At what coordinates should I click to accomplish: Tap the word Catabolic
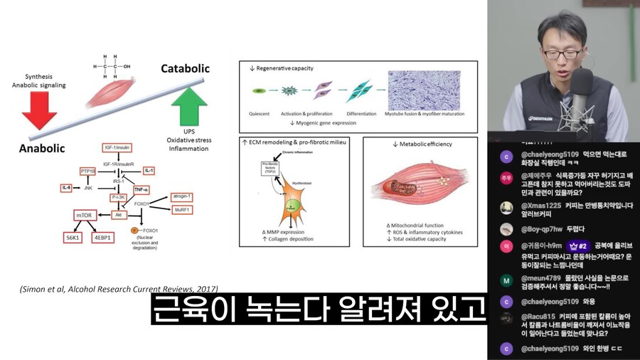pyautogui.click(x=185, y=69)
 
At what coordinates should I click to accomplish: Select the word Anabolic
pyautogui.click(x=42, y=148)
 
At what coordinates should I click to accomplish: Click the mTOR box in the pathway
pyautogui.click(x=84, y=215)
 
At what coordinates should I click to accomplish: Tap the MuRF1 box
pyautogui.click(x=181, y=209)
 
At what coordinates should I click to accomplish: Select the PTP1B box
pyautogui.click(x=88, y=171)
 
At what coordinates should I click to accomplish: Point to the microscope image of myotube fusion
pyautogui.click(x=424, y=90)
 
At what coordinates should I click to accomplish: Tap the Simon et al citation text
pyautogui.click(x=118, y=288)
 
